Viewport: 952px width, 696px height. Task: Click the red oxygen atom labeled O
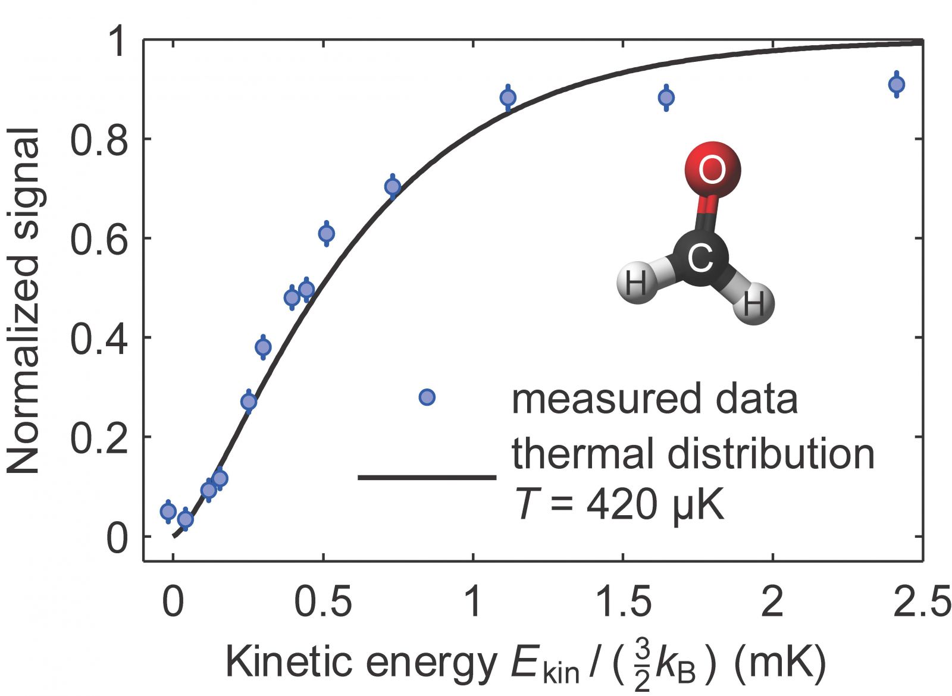pyautogui.click(x=712, y=170)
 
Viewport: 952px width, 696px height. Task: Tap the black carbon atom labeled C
pyautogui.click(x=700, y=258)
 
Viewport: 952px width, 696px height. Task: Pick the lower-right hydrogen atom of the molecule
pyautogui.click(x=753, y=304)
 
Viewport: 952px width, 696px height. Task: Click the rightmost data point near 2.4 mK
pyautogui.click(x=897, y=84)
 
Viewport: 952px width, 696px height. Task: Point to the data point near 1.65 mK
pyautogui.click(x=666, y=97)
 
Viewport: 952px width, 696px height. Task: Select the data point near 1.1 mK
pyautogui.click(x=508, y=97)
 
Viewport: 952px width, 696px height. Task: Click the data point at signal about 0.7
pyautogui.click(x=393, y=187)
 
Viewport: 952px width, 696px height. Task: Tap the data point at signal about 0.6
pyautogui.click(x=326, y=233)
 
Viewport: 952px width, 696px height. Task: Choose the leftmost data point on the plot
pyautogui.click(x=168, y=511)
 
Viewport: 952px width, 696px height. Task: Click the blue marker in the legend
pyautogui.click(x=427, y=397)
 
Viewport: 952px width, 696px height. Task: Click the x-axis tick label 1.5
pyautogui.click(x=622, y=602)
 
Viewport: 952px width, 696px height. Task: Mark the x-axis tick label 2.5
pyautogui.click(x=921, y=602)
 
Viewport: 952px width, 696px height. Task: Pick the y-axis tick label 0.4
pyautogui.click(x=99, y=338)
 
